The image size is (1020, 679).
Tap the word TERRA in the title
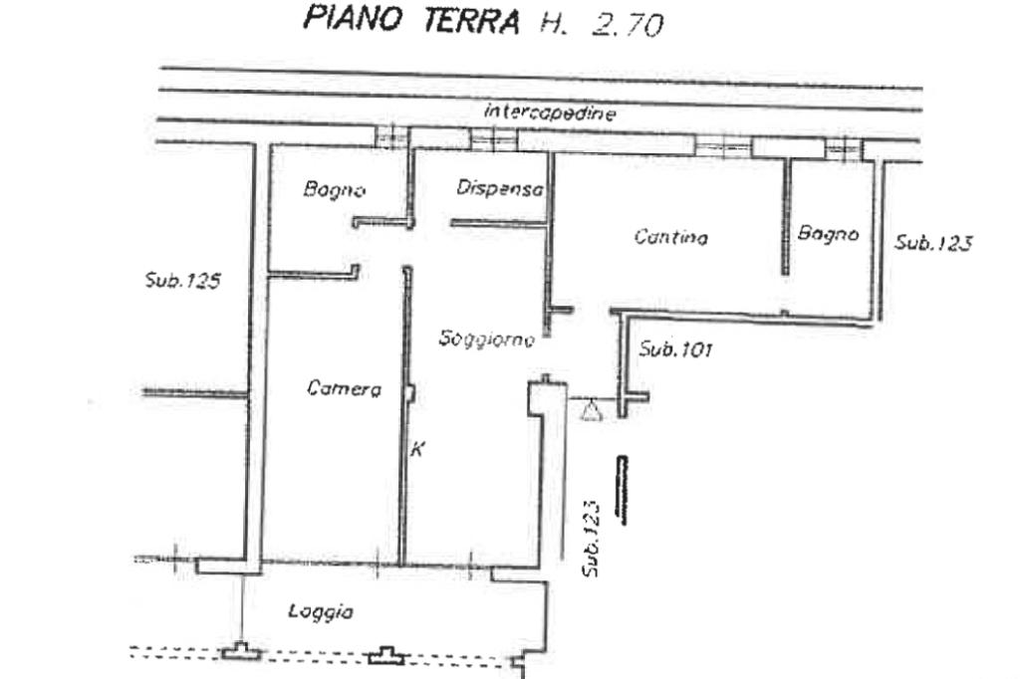(471, 20)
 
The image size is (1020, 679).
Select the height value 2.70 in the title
(628, 24)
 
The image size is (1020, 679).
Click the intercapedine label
(550, 113)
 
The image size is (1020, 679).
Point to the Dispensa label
(500, 188)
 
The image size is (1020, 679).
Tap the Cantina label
(670, 236)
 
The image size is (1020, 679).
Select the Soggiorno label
(486, 339)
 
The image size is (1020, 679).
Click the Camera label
(344, 388)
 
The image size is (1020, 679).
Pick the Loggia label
(321, 611)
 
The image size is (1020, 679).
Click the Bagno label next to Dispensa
(335, 189)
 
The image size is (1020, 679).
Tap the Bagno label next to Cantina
(828, 233)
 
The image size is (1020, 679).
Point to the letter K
(417, 448)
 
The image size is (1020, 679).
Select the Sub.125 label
(183, 281)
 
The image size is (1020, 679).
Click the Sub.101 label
(675, 349)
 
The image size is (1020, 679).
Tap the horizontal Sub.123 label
(932, 243)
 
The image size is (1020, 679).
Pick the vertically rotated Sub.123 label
(591, 538)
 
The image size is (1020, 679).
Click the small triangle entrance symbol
(591, 411)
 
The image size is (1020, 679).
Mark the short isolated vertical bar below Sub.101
(623, 490)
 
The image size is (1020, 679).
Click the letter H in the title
(551, 23)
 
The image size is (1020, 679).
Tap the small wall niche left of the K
(410, 394)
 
